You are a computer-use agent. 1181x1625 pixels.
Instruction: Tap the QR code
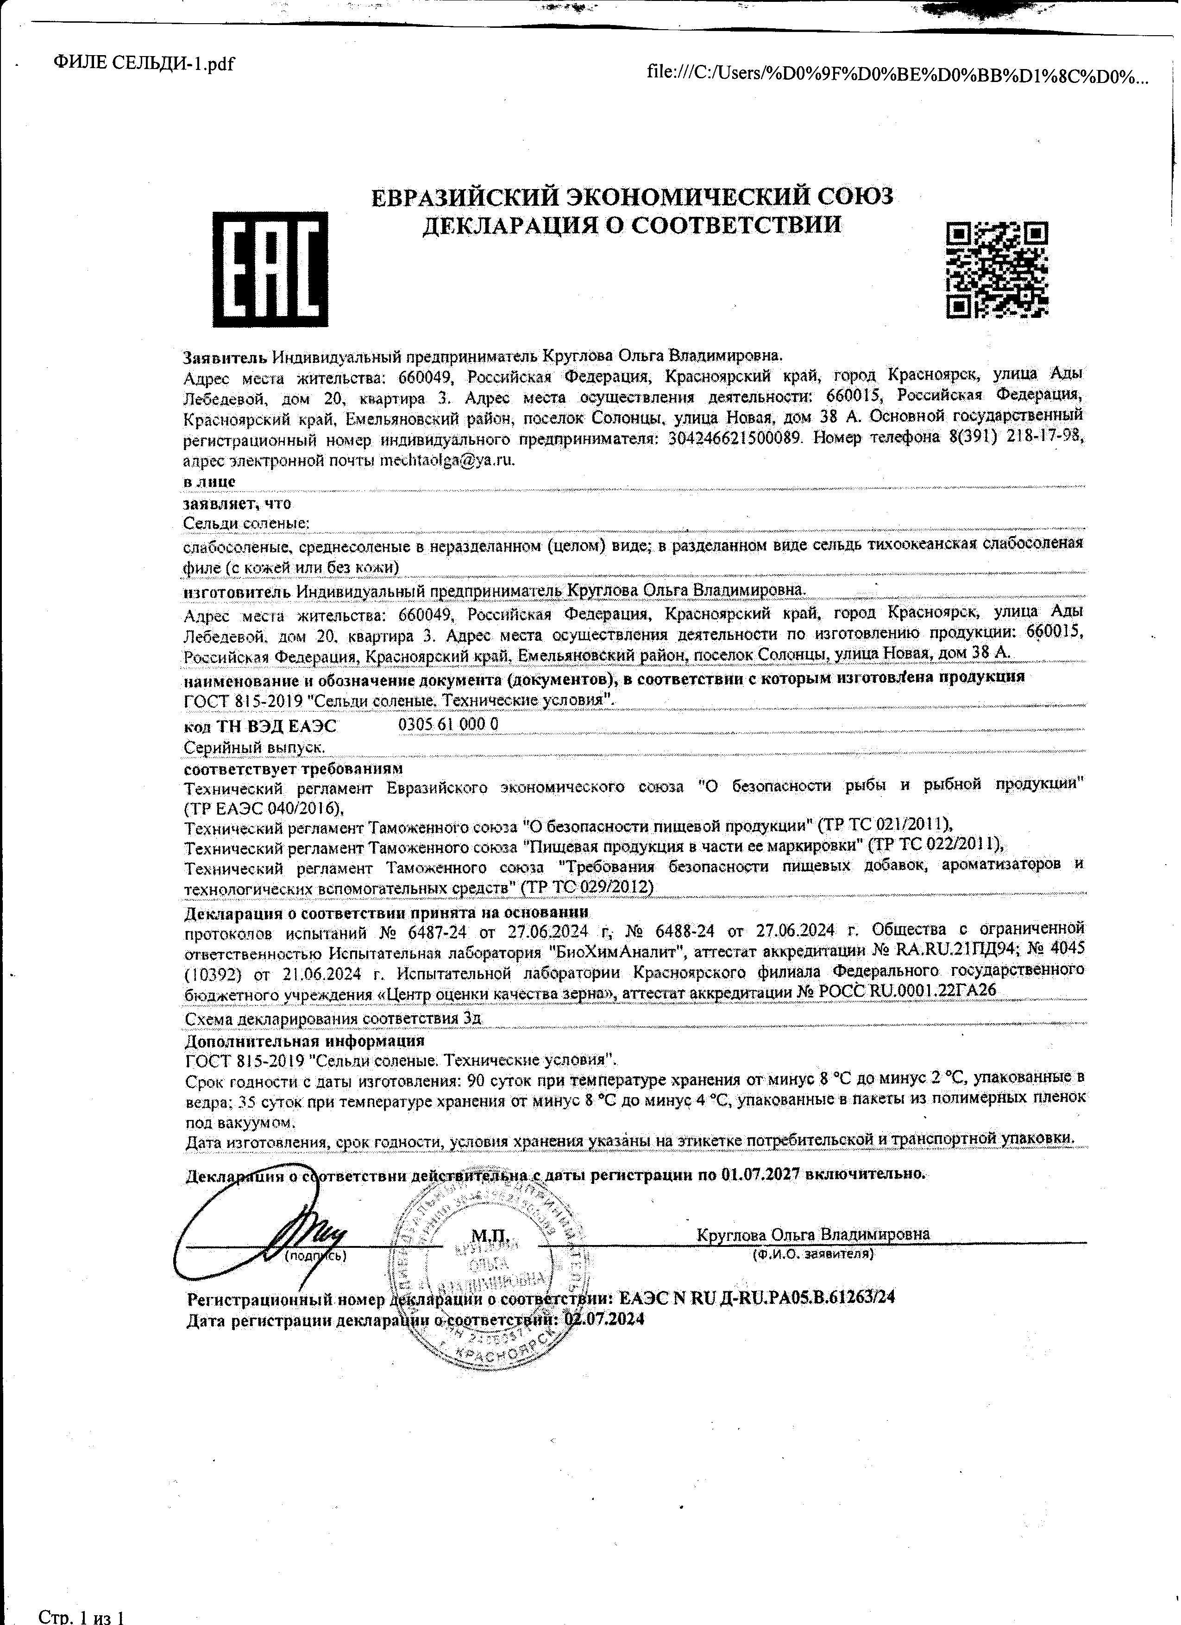click(x=997, y=269)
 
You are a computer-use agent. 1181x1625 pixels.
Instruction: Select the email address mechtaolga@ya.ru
click(x=447, y=460)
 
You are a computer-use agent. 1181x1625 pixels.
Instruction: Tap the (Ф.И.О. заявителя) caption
click(x=812, y=1255)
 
